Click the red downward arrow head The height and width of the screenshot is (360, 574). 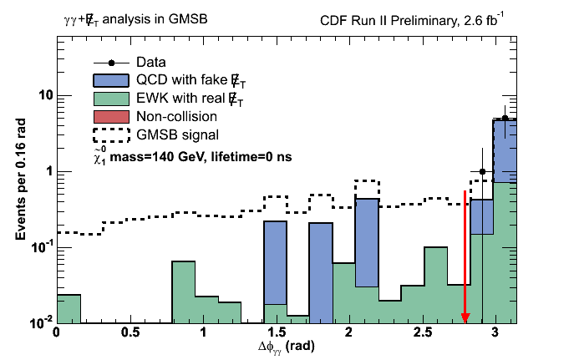pos(465,317)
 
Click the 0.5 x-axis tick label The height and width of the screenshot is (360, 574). pos(130,332)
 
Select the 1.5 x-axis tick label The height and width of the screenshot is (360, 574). pos(277,332)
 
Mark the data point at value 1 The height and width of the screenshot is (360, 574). pos(483,171)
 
